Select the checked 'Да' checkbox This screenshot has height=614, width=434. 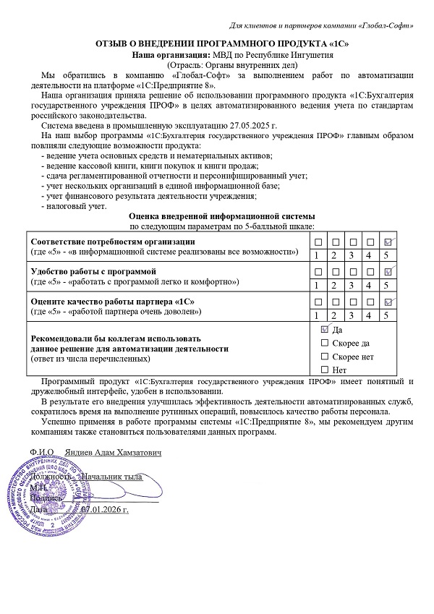click(x=324, y=329)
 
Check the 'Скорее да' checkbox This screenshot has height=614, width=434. click(x=324, y=343)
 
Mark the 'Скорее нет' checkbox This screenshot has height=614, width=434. click(x=324, y=357)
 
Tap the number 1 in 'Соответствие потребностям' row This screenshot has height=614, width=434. click(x=316, y=255)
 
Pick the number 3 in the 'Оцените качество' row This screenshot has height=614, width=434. click(x=352, y=315)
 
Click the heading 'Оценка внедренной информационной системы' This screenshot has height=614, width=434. click(x=221, y=216)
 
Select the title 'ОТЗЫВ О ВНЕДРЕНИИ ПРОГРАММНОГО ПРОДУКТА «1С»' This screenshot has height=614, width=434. click(x=222, y=44)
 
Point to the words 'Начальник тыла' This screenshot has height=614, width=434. click(x=113, y=477)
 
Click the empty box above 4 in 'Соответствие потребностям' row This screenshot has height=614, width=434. click(x=370, y=241)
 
